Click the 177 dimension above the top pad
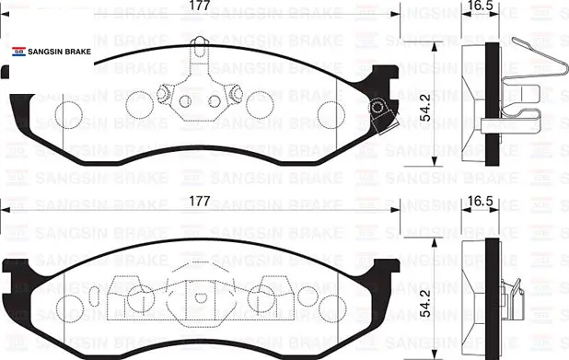[x=200, y=6]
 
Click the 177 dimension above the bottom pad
[x=200, y=202]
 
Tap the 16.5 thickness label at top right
[x=480, y=6]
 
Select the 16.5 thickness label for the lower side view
[x=480, y=202]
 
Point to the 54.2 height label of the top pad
[x=425, y=108]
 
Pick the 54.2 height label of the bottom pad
[x=425, y=304]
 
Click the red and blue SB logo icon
[x=18, y=52]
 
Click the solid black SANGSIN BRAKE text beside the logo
[x=60, y=52]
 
